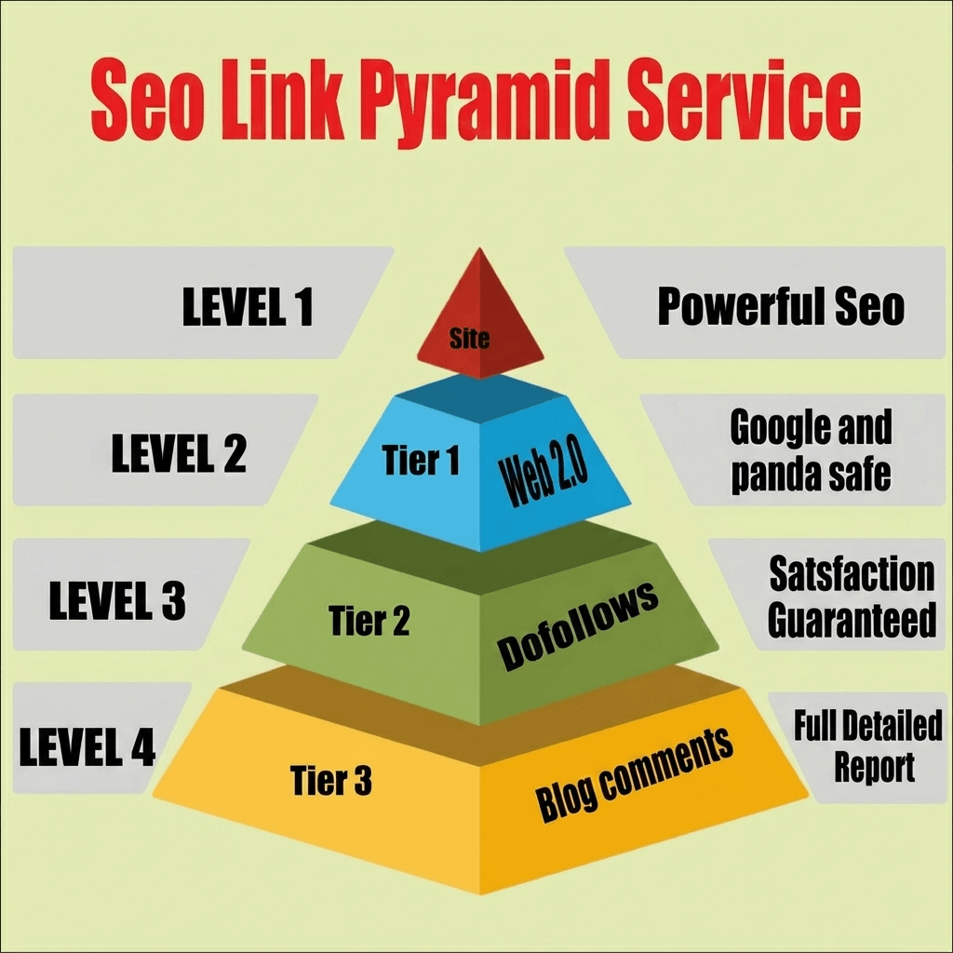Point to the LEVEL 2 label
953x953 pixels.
[179, 453]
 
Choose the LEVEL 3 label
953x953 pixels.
[117, 600]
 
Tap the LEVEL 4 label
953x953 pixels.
[87, 746]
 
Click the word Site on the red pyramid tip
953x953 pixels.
[469, 339]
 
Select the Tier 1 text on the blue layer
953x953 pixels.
[421, 460]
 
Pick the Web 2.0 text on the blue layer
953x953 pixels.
[543, 473]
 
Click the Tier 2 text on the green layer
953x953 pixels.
[369, 621]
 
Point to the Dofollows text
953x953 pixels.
[577, 626]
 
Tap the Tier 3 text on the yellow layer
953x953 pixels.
[330, 781]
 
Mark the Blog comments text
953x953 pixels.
[634, 774]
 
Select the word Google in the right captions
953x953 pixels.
[772, 428]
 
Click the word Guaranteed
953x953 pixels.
[852, 620]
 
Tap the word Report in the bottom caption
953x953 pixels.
[874, 769]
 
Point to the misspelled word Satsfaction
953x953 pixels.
[852, 573]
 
